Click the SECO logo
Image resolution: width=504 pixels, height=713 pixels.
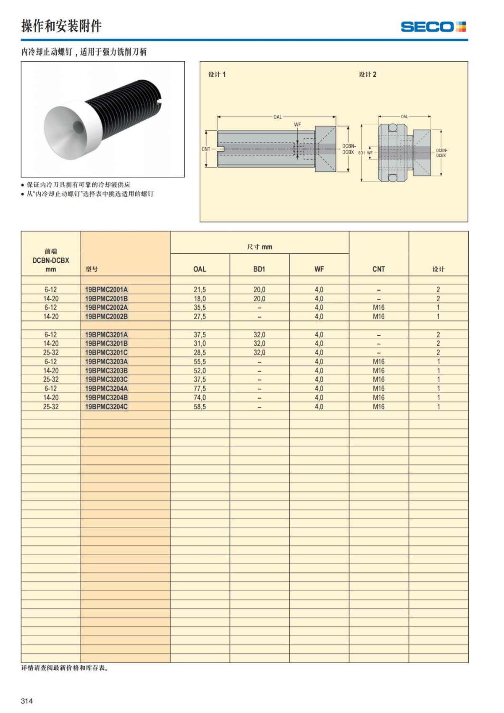coord(433,27)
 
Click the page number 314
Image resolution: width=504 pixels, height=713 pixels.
coord(27,700)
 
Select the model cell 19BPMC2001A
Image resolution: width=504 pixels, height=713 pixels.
coord(106,289)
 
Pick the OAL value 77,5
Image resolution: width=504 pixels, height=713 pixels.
coord(199,389)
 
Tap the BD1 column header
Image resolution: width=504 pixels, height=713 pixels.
coord(259,269)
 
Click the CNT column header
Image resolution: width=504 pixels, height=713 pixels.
coord(378,269)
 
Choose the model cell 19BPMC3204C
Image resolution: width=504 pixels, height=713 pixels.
coord(106,407)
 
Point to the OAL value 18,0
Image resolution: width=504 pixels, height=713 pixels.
coord(199,299)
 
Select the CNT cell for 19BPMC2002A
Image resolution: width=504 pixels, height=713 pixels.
coord(378,308)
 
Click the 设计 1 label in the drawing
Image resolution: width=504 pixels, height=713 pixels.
coord(217,74)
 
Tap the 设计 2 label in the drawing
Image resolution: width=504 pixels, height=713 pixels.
coord(367,74)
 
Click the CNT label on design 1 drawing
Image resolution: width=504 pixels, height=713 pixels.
coord(206,149)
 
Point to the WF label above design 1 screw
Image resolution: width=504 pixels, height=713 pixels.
coord(297,125)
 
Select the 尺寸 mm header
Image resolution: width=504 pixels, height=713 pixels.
coord(260,247)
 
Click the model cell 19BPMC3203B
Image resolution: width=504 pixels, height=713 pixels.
coord(106,371)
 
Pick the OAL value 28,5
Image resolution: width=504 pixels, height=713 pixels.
coord(199,353)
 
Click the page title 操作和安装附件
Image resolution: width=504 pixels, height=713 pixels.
coord(61,26)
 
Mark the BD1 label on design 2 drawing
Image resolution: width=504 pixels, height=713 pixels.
coord(361,153)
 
